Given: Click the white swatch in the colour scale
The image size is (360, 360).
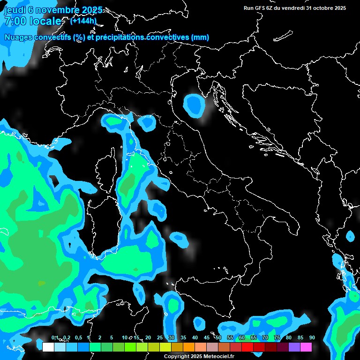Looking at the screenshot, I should pyautogui.click(x=48, y=347).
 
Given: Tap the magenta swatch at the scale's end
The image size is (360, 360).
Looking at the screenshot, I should pyautogui.click(x=306, y=347).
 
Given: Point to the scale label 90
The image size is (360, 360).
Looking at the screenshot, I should pyautogui.click(x=312, y=338).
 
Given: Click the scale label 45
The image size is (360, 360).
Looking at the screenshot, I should pyautogui.click(x=207, y=338).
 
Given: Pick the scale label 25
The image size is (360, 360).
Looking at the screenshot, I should pyautogui.click(x=160, y=338).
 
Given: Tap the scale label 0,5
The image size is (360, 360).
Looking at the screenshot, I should pyautogui.click(x=78, y=338).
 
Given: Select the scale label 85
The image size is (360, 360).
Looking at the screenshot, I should pyautogui.click(x=300, y=338).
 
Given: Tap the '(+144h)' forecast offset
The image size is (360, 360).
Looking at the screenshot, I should pyautogui.click(x=83, y=21).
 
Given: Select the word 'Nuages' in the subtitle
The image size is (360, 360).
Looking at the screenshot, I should pyautogui.click(x=18, y=37).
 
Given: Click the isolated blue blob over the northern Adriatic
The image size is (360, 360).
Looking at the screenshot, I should pyautogui.click(x=194, y=105).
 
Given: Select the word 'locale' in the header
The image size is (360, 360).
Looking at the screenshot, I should pyautogui.click(x=45, y=21).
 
